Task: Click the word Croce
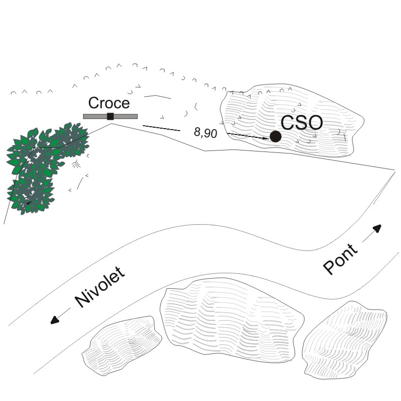[x=109, y=103]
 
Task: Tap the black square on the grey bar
[x=110, y=116]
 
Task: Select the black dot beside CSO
[x=275, y=137]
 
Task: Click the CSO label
[x=301, y=123]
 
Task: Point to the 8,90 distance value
[x=205, y=133]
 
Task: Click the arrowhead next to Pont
[x=378, y=228]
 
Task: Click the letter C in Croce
[x=94, y=103]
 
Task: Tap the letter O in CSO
[x=314, y=123]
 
